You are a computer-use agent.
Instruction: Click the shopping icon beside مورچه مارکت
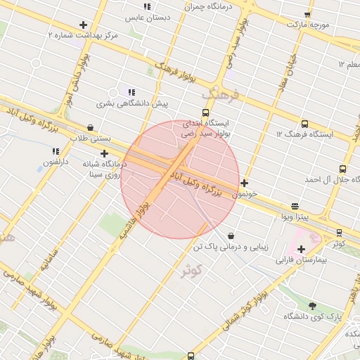tap(307, 14)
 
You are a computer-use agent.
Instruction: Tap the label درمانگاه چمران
tap(207, 6)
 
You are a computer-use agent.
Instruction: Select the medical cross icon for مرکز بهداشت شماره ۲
tap(84, 25)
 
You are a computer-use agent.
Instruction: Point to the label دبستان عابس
tap(143, 15)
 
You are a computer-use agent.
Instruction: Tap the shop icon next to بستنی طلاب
tap(90, 128)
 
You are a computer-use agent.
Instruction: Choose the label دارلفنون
tap(56, 162)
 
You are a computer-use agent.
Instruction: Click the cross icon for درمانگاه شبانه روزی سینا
tap(105, 153)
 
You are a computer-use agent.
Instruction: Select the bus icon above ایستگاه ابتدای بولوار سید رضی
tap(205, 112)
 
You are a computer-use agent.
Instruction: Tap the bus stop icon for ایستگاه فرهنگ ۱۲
tap(304, 124)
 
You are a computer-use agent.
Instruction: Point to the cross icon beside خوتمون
tap(244, 184)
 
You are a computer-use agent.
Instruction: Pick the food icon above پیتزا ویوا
tap(295, 207)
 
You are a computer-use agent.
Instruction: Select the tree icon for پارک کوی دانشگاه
tap(313, 306)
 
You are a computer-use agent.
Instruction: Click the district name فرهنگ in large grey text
tap(220, 93)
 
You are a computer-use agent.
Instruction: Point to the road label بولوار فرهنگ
tap(174, 70)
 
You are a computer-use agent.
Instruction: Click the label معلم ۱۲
tap(349, 65)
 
